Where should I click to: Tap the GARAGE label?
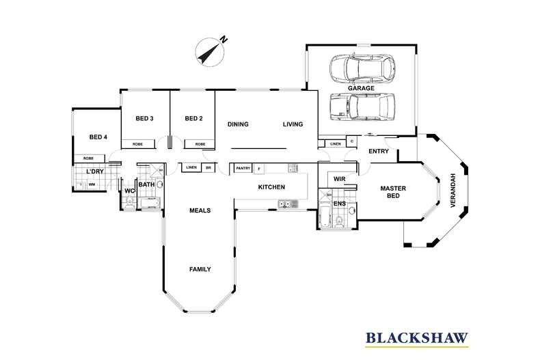point(360,89)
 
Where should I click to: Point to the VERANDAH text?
point(450,188)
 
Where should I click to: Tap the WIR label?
point(339,179)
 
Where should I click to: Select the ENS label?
point(339,204)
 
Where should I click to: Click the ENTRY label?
point(379,151)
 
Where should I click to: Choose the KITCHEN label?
point(271,187)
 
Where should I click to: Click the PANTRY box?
point(243,168)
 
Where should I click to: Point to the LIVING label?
point(293,124)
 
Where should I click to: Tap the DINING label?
point(238,124)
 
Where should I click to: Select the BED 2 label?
point(194,119)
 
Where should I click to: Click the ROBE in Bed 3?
point(137,144)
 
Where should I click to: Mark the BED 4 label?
point(98,137)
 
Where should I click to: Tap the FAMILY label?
point(200,269)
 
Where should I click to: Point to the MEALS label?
point(200,210)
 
